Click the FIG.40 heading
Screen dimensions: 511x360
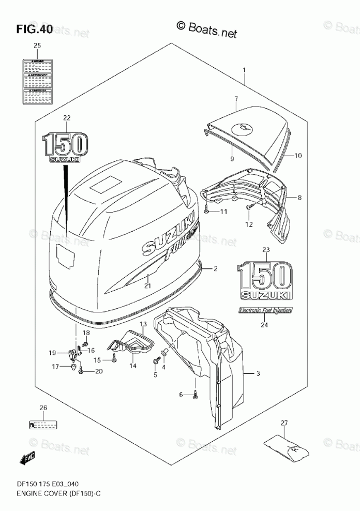tap(34, 29)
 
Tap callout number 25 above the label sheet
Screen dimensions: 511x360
tap(37, 47)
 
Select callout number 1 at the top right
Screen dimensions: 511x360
tap(244, 70)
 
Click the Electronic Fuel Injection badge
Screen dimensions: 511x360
tap(265, 310)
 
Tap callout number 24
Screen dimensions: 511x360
tap(265, 325)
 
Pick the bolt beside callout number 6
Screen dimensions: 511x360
tap(195, 396)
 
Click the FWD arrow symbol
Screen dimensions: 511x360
tap(27, 457)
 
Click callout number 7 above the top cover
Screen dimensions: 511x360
tap(236, 99)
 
